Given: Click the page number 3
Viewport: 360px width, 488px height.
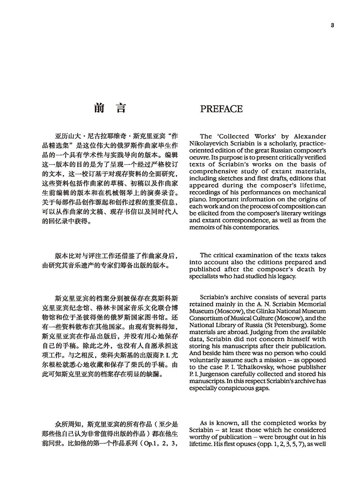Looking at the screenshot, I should click(x=332, y=25).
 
